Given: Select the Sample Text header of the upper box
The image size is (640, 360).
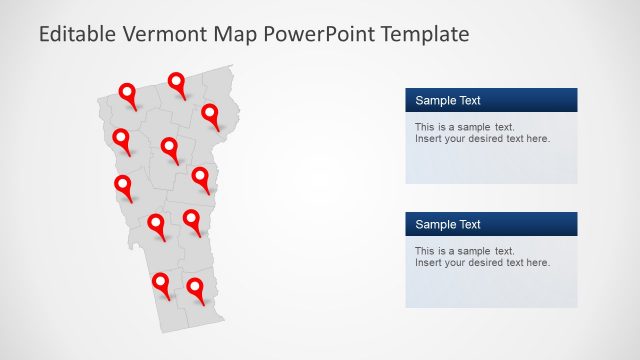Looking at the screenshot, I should coord(448,100).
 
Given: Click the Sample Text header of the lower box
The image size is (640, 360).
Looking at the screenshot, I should coord(448,224).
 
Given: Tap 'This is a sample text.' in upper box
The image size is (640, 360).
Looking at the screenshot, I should coord(464,127).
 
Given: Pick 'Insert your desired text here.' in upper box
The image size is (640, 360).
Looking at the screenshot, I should coord(482,138).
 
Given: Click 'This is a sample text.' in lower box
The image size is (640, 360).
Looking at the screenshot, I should coord(464,251).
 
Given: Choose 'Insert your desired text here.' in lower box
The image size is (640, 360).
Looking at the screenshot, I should coord(482,262).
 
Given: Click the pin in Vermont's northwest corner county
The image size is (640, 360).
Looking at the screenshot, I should coord(128,94).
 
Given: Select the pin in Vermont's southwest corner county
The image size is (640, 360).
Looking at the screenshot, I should coord(160,284).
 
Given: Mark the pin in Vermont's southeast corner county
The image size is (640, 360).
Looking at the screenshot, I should coord(195,289).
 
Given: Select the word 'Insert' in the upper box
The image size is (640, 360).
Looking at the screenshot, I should coord(428,138).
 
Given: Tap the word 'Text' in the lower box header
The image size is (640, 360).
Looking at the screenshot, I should coord(469,224).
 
